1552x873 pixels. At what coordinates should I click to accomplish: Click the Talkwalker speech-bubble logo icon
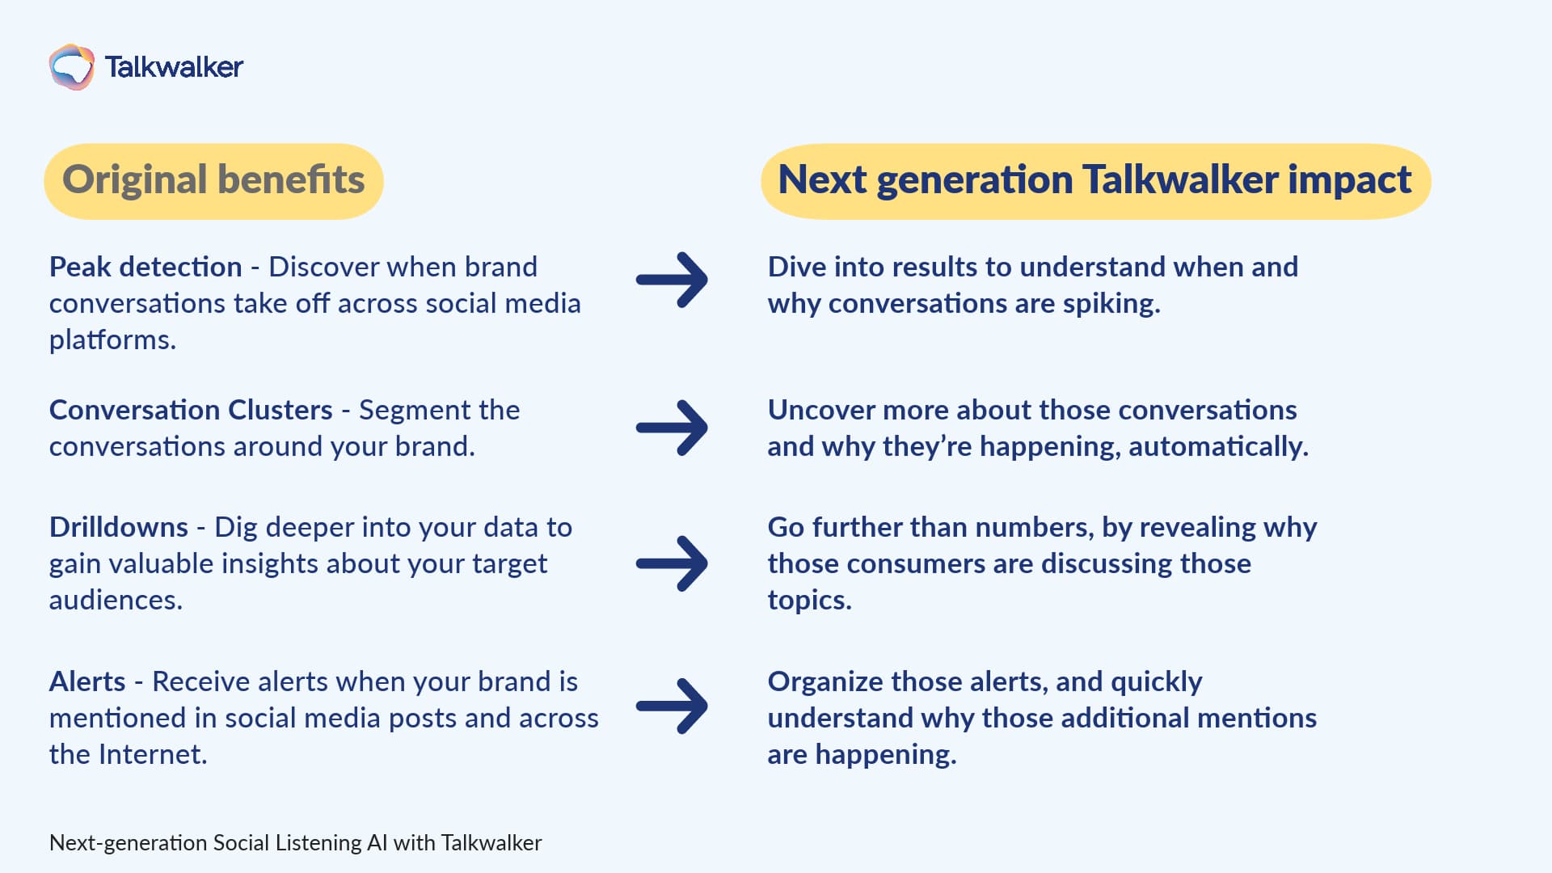tap(71, 66)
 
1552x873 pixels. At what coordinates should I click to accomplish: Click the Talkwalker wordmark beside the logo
tap(174, 67)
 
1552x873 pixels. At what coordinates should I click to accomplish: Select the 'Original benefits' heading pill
tap(213, 180)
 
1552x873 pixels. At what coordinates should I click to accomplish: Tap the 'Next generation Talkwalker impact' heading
tap(1094, 180)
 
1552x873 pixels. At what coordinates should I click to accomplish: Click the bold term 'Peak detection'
tap(145, 267)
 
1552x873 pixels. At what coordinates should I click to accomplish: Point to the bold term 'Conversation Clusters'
tap(191, 410)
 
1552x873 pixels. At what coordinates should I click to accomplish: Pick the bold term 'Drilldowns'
tap(119, 527)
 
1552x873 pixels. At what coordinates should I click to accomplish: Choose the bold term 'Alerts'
tap(87, 681)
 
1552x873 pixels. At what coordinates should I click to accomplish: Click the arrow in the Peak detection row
tap(672, 280)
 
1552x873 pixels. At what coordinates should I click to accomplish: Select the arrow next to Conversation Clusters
tap(672, 428)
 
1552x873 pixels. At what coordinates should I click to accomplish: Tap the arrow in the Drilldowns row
tap(672, 563)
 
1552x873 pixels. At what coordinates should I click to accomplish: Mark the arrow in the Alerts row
tap(672, 706)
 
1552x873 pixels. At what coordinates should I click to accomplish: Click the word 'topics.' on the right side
tap(809, 601)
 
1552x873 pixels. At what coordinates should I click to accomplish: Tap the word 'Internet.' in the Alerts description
tap(153, 754)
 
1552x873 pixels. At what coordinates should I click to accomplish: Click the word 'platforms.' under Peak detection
tap(112, 340)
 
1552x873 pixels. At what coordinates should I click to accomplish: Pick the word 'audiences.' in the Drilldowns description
tap(116, 600)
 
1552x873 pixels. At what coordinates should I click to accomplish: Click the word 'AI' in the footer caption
tap(377, 842)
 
